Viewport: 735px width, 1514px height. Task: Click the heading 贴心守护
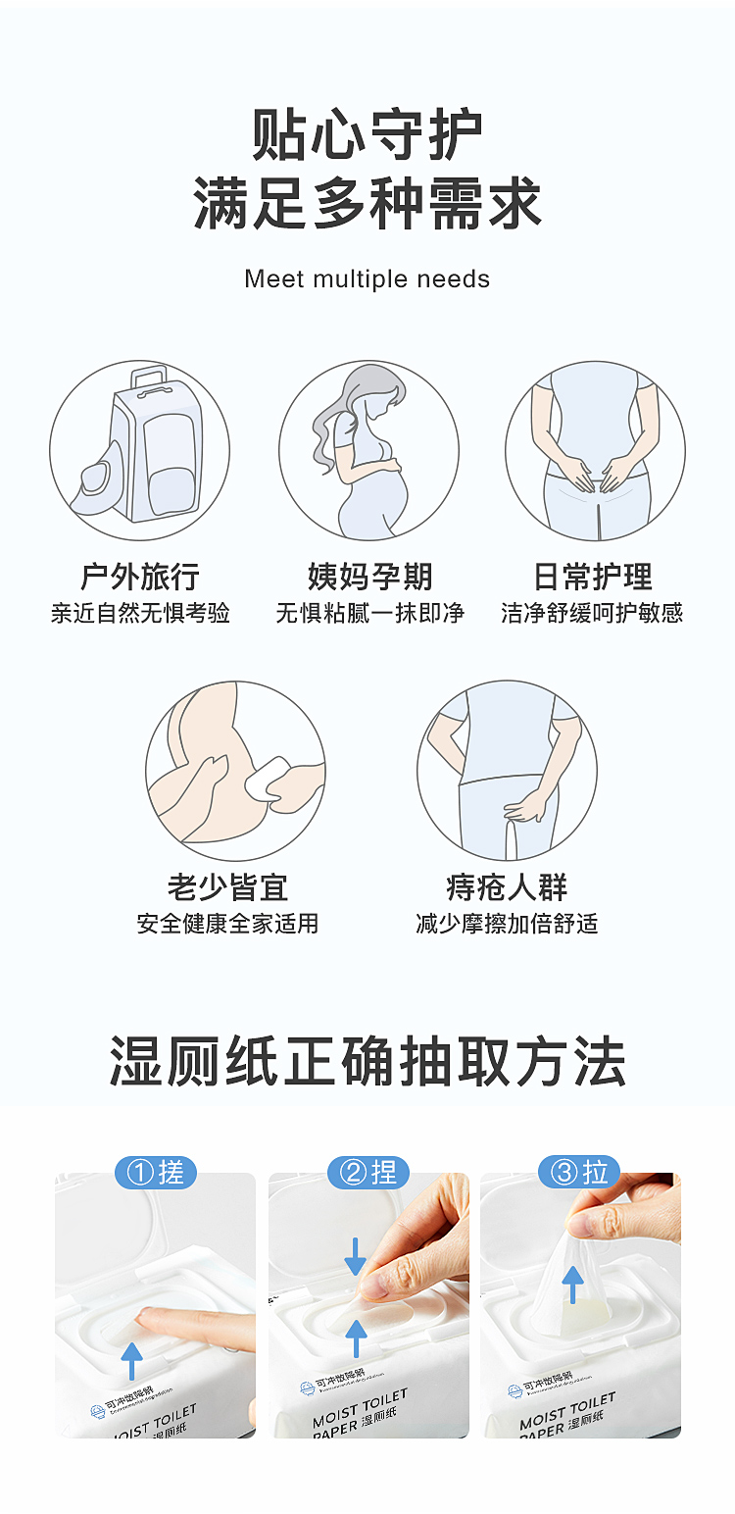(x=367, y=135)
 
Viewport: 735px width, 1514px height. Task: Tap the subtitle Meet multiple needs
(x=367, y=279)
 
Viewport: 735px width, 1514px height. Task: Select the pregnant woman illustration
(x=368, y=451)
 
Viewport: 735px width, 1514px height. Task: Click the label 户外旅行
(x=140, y=577)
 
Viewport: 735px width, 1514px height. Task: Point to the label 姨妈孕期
(x=368, y=577)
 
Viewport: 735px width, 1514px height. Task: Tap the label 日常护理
(x=593, y=577)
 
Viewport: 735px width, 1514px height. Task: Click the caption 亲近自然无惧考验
(x=140, y=614)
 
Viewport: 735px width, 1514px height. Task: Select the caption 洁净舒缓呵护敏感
(x=593, y=614)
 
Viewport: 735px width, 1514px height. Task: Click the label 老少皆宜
(x=228, y=887)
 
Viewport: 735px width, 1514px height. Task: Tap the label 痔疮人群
(x=507, y=887)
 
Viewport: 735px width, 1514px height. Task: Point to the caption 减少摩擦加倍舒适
(x=507, y=924)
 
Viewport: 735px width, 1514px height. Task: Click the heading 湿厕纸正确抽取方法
(x=367, y=1062)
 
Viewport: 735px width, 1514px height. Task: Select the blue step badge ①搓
(x=156, y=1172)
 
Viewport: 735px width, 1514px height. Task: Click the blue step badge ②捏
(x=367, y=1172)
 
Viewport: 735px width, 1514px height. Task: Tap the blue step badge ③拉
(x=580, y=1172)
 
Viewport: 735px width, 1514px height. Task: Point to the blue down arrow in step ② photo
(x=356, y=1256)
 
